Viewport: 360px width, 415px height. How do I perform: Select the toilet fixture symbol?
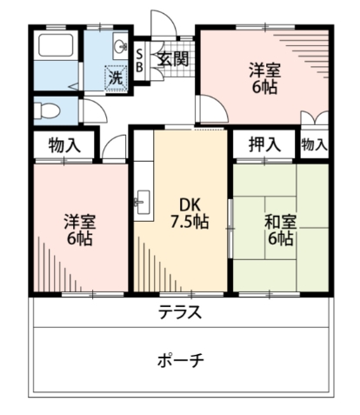point(51,110)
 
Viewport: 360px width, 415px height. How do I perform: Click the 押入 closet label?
point(263,144)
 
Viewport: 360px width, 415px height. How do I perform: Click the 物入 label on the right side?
point(314,144)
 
